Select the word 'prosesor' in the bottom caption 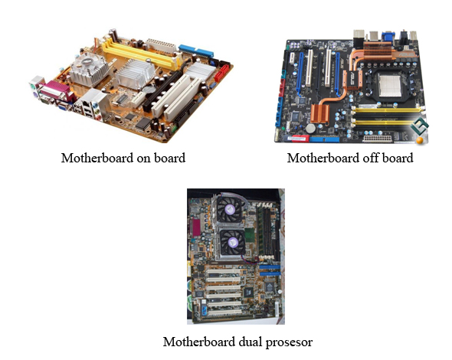(x=289, y=343)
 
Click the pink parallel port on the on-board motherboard (x=54, y=90)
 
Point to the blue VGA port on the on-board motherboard (x=62, y=107)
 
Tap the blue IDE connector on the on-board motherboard (x=196, y=51)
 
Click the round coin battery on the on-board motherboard (x=148, y=89)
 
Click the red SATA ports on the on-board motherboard (x=221, y=73)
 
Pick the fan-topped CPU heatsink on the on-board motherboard (x=90, y=69)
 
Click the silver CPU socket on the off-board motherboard (x=390, y=85)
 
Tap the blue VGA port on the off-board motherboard (x=388, y=37)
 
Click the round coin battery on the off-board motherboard (x=311, y=129)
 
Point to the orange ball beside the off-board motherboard (x=420, y=140)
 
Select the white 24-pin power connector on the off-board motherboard (x=378, y=139)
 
